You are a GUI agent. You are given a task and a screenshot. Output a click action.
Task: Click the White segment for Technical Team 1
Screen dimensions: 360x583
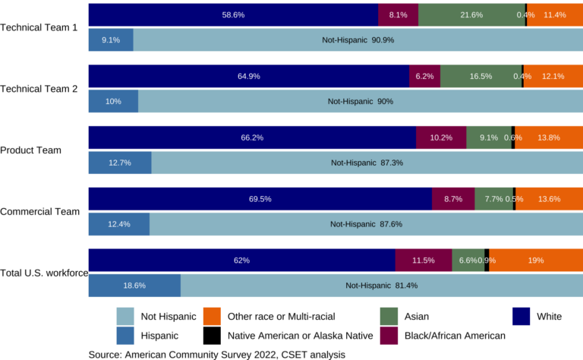coord(233,14)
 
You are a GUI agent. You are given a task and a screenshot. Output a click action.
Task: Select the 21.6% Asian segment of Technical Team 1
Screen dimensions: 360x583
coord(471,14)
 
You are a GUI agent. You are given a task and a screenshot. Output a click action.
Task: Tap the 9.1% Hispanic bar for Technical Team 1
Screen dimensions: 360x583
coord(111,39)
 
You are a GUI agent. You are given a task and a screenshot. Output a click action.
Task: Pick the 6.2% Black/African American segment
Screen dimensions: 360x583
coord(424,76)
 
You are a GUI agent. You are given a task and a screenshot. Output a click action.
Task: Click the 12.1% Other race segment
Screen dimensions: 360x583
coord(553,76)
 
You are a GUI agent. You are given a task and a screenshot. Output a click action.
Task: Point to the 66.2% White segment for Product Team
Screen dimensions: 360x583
coord(252,137)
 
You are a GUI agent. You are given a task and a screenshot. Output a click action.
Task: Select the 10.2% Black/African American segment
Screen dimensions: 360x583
coord(441,137)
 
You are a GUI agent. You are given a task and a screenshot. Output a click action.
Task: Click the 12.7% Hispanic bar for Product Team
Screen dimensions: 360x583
coord(120,163)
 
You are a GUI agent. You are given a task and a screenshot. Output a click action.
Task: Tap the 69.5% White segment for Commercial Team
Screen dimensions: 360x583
coord(260,199)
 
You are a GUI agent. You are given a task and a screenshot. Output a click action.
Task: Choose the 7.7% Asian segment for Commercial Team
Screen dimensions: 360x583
coord(493,199)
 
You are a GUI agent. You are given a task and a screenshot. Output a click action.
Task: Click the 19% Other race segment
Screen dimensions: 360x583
coord(536,261)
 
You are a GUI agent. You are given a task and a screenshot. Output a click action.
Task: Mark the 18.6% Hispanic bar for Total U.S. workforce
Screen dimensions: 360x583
coord(134,286)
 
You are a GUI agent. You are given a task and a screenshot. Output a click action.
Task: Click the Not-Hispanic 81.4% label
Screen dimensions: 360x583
coord(381,286)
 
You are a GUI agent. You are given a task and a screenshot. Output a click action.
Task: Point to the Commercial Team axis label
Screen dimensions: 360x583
coord(39,211)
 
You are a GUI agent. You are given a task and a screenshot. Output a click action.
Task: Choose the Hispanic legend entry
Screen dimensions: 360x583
coord(160,336)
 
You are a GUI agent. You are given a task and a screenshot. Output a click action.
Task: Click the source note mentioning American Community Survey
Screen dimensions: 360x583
coord(217,354)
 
